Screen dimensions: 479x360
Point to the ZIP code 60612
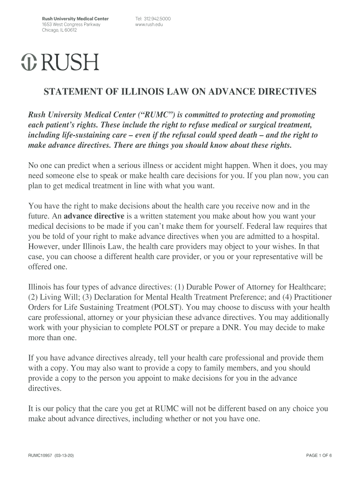pos(70,30)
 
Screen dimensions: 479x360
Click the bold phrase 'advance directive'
pos(94,216)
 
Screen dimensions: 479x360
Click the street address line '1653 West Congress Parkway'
pos(71,24)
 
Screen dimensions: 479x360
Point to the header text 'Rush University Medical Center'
pos(75,19)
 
